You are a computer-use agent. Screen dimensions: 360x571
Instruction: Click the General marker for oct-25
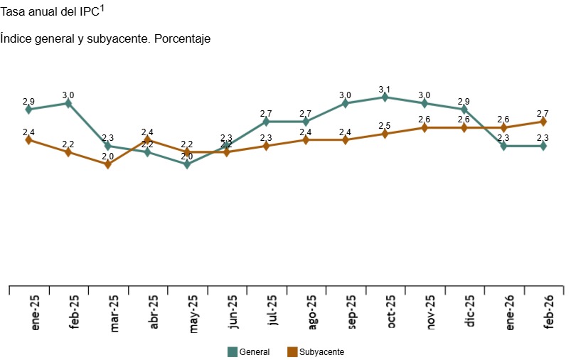click(x=385, y=97)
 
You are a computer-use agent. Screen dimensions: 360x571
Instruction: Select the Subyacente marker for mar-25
click(x=107, y=164)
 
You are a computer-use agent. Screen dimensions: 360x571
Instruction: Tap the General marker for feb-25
click(x=68, y=103)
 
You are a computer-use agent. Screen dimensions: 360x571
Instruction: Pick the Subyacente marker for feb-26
click(x=543, y=122)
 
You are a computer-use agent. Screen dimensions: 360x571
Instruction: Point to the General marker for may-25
click(x=187, y=164)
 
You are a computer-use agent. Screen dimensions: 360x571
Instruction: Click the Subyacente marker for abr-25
click(x=147, y=140)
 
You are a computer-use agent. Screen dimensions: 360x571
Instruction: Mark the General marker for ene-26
click(x=503, y=146)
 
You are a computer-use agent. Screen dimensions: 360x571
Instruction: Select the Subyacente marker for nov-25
click(x=425, y=128)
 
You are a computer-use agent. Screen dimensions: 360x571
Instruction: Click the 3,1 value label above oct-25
click(x=385, y=89)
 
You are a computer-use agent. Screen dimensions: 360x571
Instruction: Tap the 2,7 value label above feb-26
click(x=543, y=113)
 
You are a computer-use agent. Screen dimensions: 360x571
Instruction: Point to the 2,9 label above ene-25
click(x=28, y=101)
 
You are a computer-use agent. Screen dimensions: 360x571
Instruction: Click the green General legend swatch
click(x=231, y=351)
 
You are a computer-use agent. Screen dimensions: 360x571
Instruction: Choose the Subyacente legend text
click(x=321, y=351)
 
